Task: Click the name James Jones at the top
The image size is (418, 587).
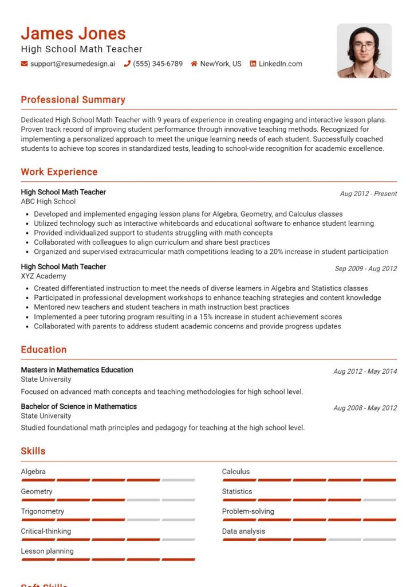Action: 73,33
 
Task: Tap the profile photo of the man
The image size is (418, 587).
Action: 364,50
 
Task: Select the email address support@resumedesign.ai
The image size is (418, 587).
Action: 72,64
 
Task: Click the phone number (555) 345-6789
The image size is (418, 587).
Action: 157,64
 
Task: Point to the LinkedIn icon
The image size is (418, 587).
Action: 253,64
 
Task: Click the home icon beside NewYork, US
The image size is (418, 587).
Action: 194,64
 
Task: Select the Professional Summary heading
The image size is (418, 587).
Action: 73,100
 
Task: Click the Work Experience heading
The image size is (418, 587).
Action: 59,172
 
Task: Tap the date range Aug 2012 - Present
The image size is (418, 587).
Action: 368,194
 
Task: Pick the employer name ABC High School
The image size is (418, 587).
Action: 48,202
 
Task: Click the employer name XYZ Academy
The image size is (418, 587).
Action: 44,276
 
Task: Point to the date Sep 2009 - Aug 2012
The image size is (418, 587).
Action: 366,268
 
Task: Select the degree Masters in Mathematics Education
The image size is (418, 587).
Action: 77,370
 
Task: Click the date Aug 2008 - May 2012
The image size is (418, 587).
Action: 365,408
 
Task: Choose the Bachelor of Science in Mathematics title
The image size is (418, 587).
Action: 78,406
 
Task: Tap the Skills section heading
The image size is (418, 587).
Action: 33,451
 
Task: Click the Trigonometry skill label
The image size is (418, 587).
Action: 42,511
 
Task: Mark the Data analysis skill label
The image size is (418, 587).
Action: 243,531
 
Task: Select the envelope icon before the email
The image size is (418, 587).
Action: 24,64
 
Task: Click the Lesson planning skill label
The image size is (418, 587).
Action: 47,551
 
